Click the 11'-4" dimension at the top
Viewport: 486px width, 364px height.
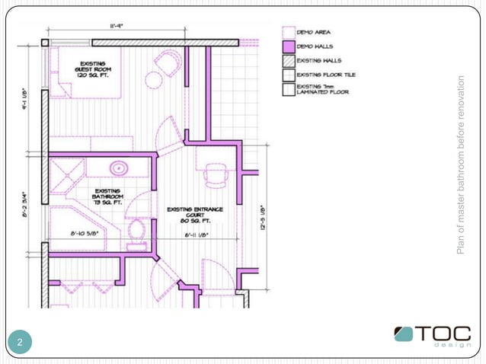(116, 26)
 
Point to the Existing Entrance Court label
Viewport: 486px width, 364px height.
(194, 215)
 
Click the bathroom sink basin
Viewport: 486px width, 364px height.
(118, 168)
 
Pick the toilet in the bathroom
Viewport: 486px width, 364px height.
(138, 229)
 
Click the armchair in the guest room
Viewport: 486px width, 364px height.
(167, 64)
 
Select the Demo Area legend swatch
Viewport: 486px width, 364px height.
(288, 32)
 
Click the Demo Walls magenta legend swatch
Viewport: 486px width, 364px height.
(288, 46)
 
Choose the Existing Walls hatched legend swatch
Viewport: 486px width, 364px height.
(288, 61)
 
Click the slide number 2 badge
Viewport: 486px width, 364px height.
(21, 342)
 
